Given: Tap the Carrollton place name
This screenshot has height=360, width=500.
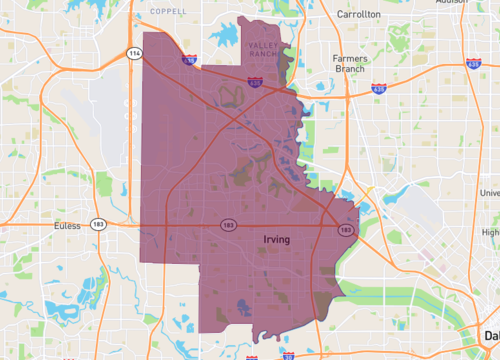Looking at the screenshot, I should point(359,15).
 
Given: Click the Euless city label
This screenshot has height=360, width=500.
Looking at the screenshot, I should point(66,227).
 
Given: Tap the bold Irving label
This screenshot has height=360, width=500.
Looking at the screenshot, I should point(277,241).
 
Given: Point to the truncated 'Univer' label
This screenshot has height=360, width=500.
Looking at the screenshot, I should point(489,193).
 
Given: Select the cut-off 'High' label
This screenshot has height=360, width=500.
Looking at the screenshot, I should point(489,232).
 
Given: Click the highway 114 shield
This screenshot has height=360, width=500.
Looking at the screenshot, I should point(133,54).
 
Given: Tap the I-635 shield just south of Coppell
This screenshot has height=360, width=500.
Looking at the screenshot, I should point(189,61).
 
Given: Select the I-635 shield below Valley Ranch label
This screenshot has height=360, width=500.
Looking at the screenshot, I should point(256,84).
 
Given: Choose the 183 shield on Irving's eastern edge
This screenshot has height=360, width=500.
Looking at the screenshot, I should point(345,231).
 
